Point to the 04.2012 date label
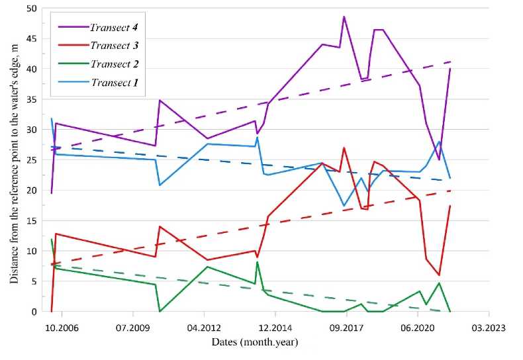[204, 327]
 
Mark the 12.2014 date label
[275, 327]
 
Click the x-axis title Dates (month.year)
[254, 343]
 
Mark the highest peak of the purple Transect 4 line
[344, 17]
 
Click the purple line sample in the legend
[72, 27]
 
